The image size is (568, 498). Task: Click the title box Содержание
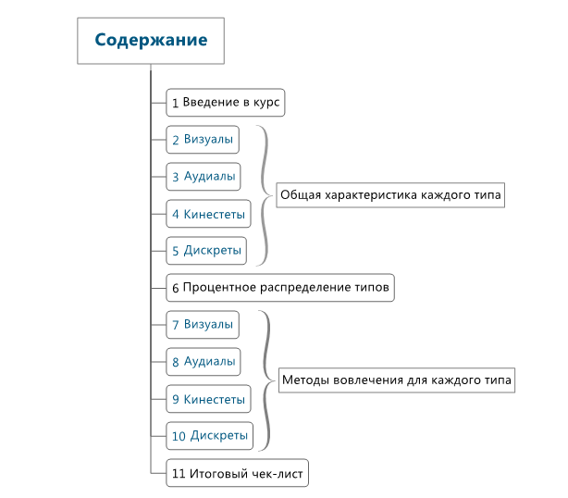(x=151, y=41)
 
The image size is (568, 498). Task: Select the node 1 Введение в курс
(x=226, y=103)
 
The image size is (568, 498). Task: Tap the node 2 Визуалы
(x=202, y=140)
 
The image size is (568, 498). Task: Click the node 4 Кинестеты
(x=208, y=215)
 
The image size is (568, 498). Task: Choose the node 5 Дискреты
(x=206, y=251)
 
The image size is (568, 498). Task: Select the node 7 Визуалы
(x=202, y=325)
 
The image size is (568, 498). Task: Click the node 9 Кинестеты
(x=208, y=399)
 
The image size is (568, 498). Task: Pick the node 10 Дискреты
(x=210, y=436)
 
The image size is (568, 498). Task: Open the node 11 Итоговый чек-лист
(x=237, y=474)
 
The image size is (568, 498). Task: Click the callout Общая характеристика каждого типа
(x=390, y=196)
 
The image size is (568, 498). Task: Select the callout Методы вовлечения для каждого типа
(x=396, y=380)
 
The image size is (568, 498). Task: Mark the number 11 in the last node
(x=179, y=474)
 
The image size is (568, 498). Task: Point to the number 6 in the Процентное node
(x=175, y=288)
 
